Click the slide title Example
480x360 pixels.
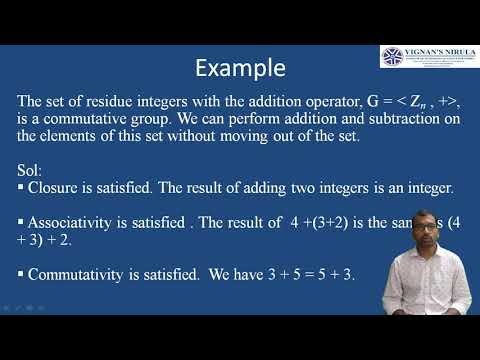click(x=239, y=68)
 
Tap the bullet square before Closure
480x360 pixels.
click(x=22, y=187)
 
